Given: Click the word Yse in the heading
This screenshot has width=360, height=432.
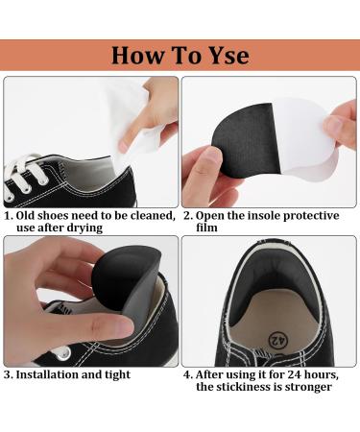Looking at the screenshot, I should coord(222,55).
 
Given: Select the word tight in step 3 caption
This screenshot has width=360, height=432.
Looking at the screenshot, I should coord(114,374).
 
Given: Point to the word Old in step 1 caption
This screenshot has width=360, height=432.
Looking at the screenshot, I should coord(28,216).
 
